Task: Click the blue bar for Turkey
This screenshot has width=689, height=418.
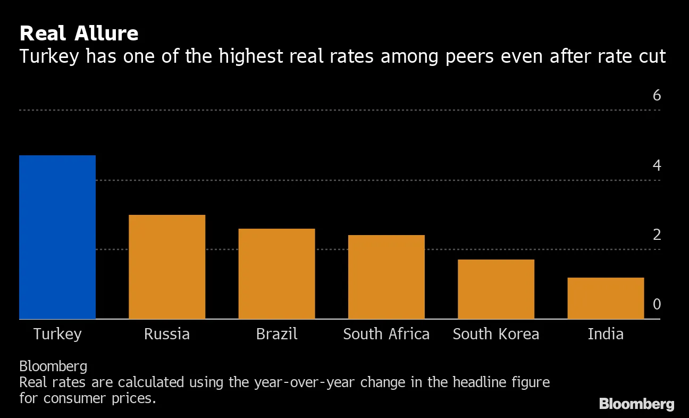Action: point(57,237)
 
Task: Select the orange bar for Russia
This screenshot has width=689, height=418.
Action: point(167,267)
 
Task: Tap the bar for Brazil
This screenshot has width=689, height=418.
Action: point(276,274)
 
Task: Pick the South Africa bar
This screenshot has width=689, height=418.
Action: point(386,277)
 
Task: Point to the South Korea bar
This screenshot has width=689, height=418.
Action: point(496,289)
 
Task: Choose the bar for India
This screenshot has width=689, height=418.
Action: point(606,298)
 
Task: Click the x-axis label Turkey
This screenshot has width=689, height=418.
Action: point(57,334)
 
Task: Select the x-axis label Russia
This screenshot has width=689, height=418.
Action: point(167,334)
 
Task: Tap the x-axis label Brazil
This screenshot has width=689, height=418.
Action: point(276,334)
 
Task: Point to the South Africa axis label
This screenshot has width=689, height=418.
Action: point(386,334)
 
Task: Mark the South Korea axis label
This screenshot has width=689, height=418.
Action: point(496,334)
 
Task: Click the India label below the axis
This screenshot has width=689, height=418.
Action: point(606,334)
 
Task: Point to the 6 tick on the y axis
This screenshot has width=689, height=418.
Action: point(657,96)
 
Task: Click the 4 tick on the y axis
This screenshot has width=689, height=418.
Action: point(657,166)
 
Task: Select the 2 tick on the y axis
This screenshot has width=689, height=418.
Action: point(657,235)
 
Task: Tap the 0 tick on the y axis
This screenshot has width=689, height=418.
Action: point(657,304)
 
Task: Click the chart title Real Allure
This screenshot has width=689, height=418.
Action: point(79,34)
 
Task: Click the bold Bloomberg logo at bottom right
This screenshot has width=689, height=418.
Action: point(636,404)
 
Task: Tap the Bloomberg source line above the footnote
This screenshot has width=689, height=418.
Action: point(53,366)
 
